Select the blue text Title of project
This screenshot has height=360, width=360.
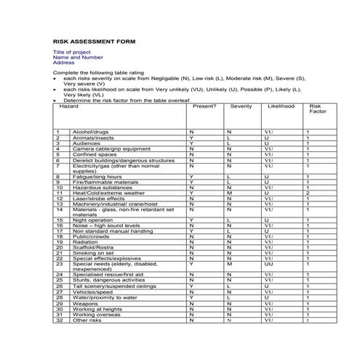[x=71, y=53]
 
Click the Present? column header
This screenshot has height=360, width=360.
[x=205, y=106]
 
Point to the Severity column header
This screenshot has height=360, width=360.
[x=241, y=106]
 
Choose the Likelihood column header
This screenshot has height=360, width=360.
[x=281, y=106]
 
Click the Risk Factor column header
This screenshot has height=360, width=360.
[x=318, y=109]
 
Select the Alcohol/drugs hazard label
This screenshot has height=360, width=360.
[x=89, y=132]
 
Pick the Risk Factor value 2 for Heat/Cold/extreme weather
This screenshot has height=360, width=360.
[x=308, y=193]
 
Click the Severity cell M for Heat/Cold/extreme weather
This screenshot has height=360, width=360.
[x=228, y=193]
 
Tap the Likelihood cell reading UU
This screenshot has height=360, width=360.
[x=268, y=264]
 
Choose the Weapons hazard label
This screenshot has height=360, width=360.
[x=84, y=303]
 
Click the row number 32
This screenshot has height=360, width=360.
[x=59, y=320]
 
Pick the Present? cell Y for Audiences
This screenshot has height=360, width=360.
[x=191, y=143]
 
